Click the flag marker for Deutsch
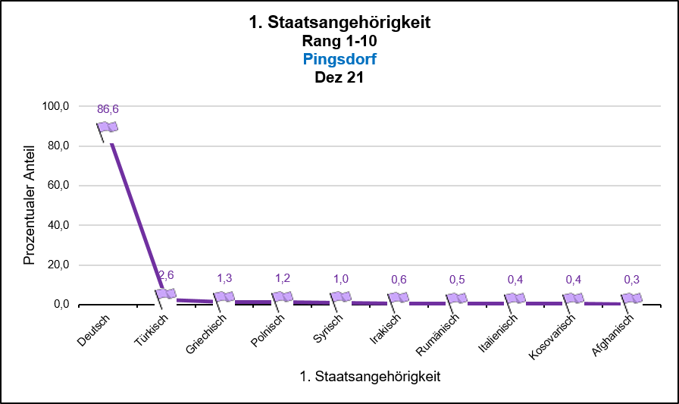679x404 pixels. click(108, 127)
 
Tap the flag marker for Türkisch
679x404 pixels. click(166, 294)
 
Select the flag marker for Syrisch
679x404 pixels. click(341, 297)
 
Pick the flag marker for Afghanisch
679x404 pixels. click(631, 299)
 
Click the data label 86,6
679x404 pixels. click(108, 109)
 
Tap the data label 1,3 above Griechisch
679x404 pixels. click(224, 278)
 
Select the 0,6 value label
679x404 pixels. click(399, 280)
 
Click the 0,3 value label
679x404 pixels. click(631, 280)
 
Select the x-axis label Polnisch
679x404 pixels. click(268, 332)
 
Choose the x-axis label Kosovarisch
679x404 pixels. click(552, 337)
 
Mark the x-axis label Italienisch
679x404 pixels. click(498, 334)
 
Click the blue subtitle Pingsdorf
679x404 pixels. click(339, 58)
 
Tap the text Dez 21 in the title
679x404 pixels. click(339, 76)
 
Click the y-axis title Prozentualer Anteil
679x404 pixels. click(29, 205)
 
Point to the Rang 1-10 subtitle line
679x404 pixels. click(339, 41)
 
